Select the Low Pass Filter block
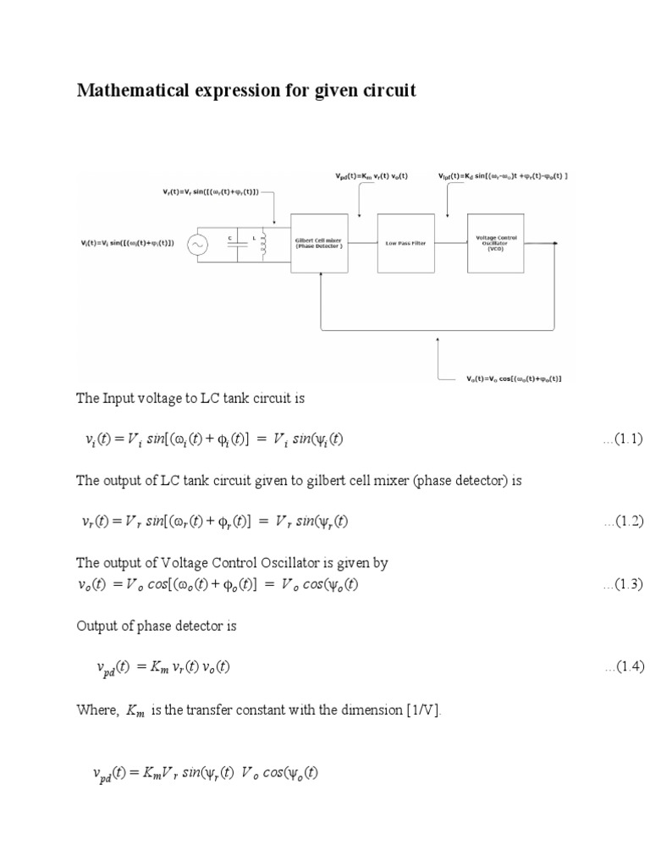(405, 243)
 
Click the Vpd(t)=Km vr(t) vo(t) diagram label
(372, 176)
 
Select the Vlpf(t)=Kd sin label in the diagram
(503, 176)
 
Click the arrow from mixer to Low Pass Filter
(361, 243)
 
